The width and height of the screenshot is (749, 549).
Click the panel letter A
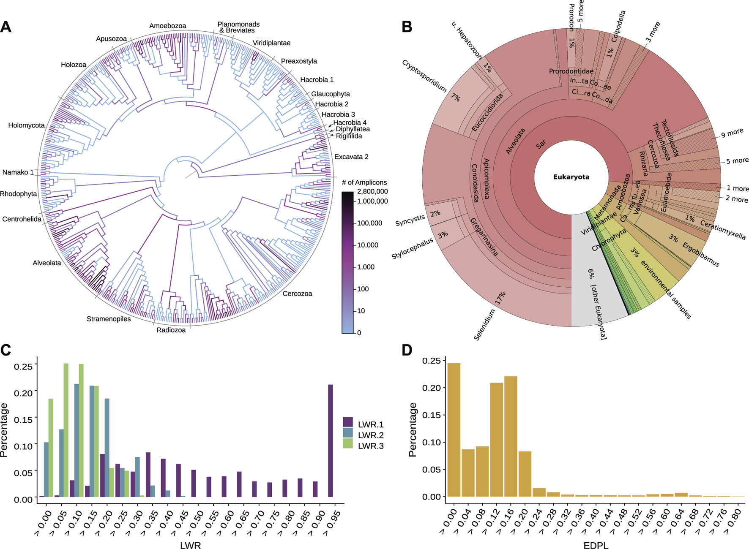tap(6, 27)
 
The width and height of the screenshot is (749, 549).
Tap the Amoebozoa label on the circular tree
tap(167, 26)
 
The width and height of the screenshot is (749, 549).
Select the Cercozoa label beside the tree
tap(297, 294)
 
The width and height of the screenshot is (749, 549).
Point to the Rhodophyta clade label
tap(19, 194)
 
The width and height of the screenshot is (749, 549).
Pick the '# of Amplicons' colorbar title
tap(364, 182)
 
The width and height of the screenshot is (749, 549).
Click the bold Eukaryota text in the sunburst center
tap(571, 177)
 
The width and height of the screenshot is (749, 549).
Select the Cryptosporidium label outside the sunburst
tap(424, 76)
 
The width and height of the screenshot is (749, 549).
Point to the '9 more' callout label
tap(732, 133)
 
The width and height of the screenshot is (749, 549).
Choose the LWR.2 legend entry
tap(370, 435)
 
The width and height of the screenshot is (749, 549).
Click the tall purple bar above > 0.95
tap(331, 440)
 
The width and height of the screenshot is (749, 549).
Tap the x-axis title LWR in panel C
tap(190, 545)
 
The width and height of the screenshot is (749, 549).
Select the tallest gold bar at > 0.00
tap(454, 429)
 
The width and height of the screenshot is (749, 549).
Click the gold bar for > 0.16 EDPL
tap(511, 436)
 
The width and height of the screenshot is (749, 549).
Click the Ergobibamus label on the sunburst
tap(700, 255)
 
